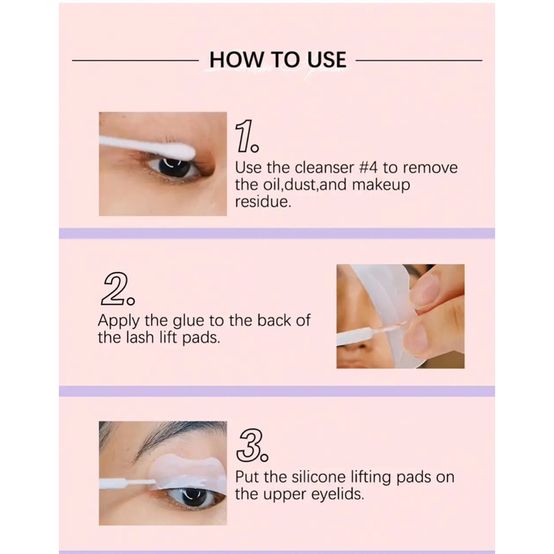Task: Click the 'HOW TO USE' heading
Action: pos(278,60)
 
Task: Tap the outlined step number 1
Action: pos(247,136)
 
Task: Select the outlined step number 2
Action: pos(117,289)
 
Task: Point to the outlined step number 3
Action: pos(252,445)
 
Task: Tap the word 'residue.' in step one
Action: pos(263,202)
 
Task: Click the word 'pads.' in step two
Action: pos(201,339)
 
